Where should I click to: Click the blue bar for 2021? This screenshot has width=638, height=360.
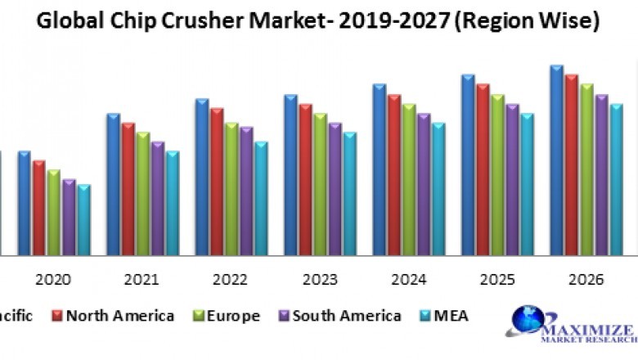click(x=114, y=184)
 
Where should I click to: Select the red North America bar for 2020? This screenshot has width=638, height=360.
click(x=39, y=208)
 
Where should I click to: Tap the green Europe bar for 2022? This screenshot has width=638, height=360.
click(x=232, y=189)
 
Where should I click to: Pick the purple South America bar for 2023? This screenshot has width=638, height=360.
click(x=335, y=189)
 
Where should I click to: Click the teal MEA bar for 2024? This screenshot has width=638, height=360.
click(x=439, y=189)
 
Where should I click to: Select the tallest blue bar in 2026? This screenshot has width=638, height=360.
click(x=557, y=160)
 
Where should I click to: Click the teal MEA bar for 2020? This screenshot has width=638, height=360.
click(x=83, y=219)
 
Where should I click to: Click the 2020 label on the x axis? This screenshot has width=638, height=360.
click(x=53, y=280)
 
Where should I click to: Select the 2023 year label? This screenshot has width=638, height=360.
click(x=319, y=280)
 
